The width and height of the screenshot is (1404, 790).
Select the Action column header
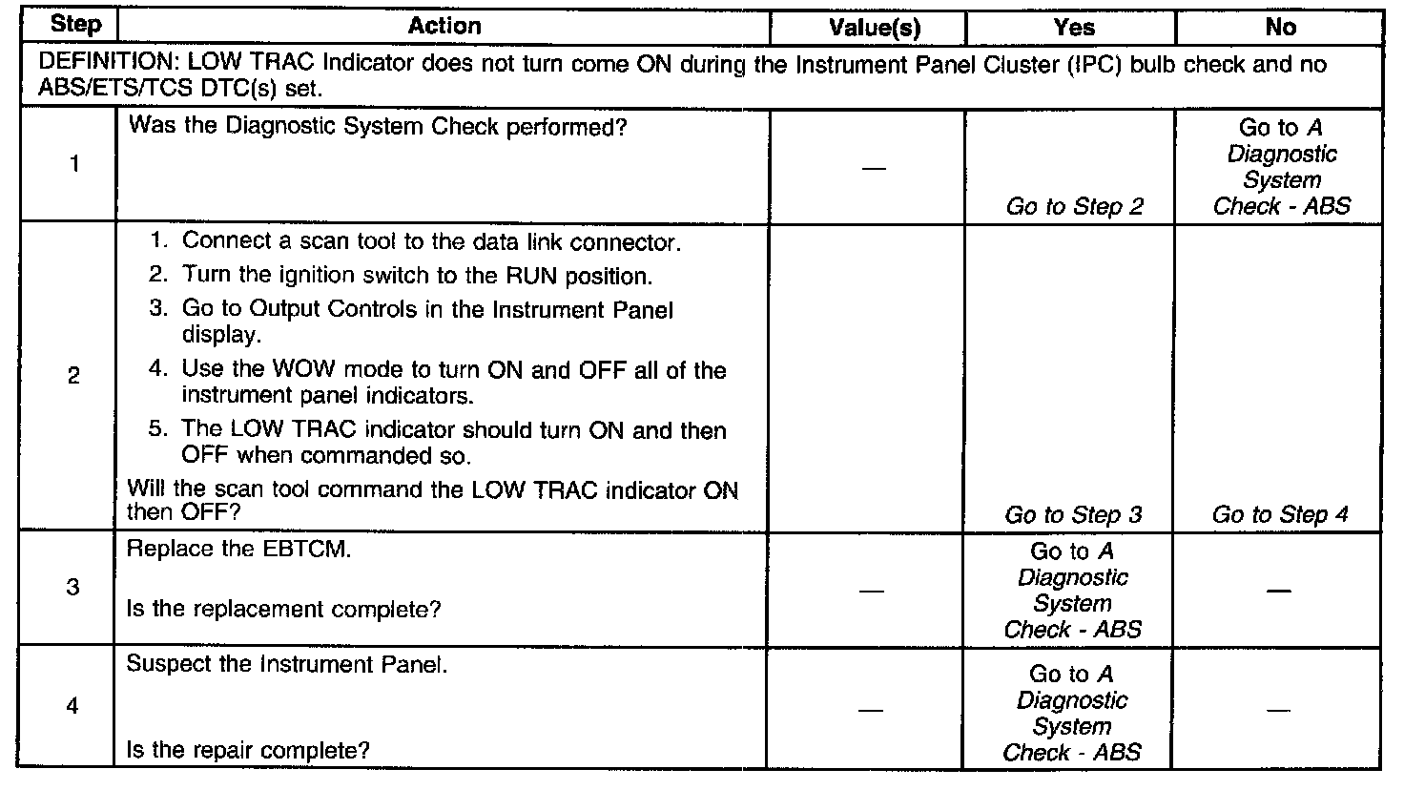pyautogui.click(x=444, y=26)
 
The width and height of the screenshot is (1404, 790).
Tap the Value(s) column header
pyautogui.click(x=875, y=28)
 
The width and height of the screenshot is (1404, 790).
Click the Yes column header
pyautogui.click(x=1073, y=28)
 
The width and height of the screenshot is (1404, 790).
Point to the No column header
pyautogui.click(x=1280, y=28)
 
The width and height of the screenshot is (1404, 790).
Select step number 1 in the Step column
pyautogui.click(x=73, y=165)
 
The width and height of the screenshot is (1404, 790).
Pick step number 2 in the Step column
pyautogui.click(x=73, y=376)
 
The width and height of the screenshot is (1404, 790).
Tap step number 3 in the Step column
pyautogui.click(x=73, y=587)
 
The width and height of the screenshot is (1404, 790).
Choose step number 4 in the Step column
pyautogui.click(x=73, y=706)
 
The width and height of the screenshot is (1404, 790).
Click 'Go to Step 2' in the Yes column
pyautogui.click(x=1074, y=206)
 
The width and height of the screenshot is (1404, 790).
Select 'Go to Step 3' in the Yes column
pyautogui.click(x=1073, y=515)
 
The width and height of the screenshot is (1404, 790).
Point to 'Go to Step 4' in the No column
pyautogui.click(x=1280, y=515)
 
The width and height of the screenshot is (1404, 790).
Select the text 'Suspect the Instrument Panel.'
pyautogui.click(x=286, y=665)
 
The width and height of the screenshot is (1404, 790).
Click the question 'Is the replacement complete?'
pyautogui.click(x=283, y=609)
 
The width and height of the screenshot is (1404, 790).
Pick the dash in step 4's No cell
pyautogui.click(x=1279, y=710)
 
